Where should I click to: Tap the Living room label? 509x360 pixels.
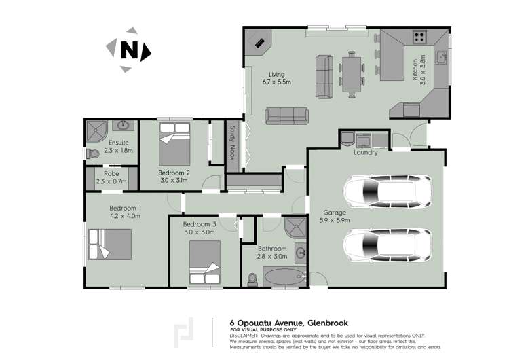pos(277,78)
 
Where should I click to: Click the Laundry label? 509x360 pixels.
pos(365,153)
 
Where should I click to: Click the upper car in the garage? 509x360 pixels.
pos(387,194)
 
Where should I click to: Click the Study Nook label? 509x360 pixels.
pos(232,142)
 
